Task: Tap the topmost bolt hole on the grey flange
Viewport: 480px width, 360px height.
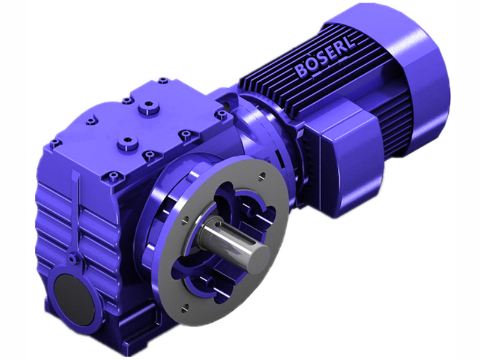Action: point(262,176)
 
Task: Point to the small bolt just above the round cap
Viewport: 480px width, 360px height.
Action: point(73,259)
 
